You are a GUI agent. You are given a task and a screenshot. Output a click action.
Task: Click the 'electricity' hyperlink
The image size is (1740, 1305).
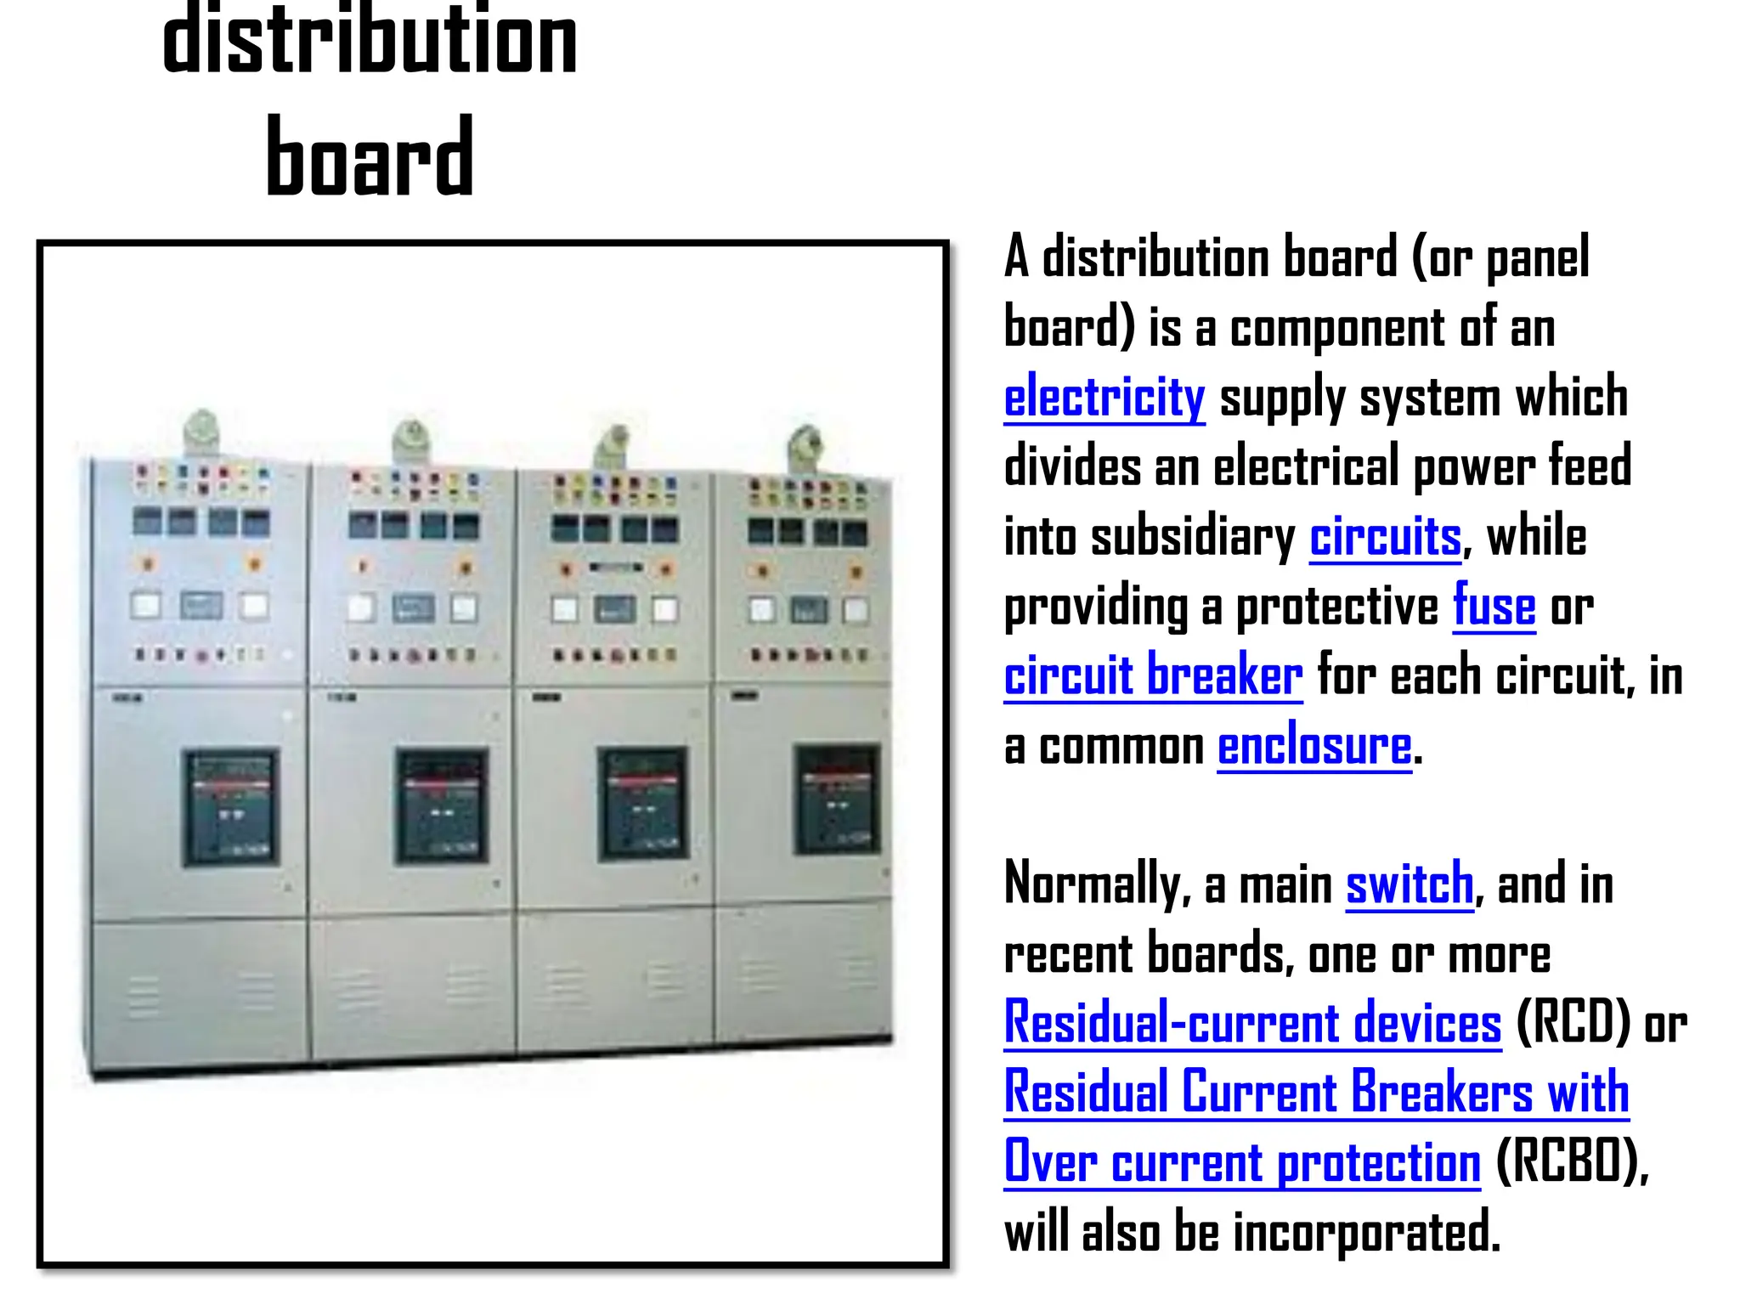point(1104,398)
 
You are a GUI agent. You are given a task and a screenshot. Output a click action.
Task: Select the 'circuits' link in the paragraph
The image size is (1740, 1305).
point(1385,537)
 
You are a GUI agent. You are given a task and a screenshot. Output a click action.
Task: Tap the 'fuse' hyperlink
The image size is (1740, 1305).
point(1494,607)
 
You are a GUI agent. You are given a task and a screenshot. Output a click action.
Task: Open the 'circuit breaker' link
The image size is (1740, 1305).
point(1153,676)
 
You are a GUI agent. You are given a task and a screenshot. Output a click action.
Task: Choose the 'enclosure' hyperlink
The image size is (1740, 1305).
point(1314,747)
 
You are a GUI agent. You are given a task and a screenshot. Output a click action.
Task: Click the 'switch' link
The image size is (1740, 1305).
point(1410,884)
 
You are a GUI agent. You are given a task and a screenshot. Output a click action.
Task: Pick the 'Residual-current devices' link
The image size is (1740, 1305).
point(1252,1023)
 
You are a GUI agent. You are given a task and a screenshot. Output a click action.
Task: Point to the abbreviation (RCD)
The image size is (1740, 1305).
point(1573,1023)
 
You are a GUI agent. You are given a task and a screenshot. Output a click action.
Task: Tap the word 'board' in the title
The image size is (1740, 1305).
point(370,157)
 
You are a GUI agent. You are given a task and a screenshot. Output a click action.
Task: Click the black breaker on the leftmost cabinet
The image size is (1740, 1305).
point(231,806)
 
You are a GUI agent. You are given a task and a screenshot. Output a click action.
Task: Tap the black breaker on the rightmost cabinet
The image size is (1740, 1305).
point(837,799)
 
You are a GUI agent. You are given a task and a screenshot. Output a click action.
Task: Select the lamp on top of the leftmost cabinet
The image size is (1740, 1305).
point(201,432)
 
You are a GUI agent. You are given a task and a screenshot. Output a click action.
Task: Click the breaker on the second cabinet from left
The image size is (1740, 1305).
point(442,805)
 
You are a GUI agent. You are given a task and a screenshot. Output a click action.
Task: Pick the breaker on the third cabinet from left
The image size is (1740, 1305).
point(643,803)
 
